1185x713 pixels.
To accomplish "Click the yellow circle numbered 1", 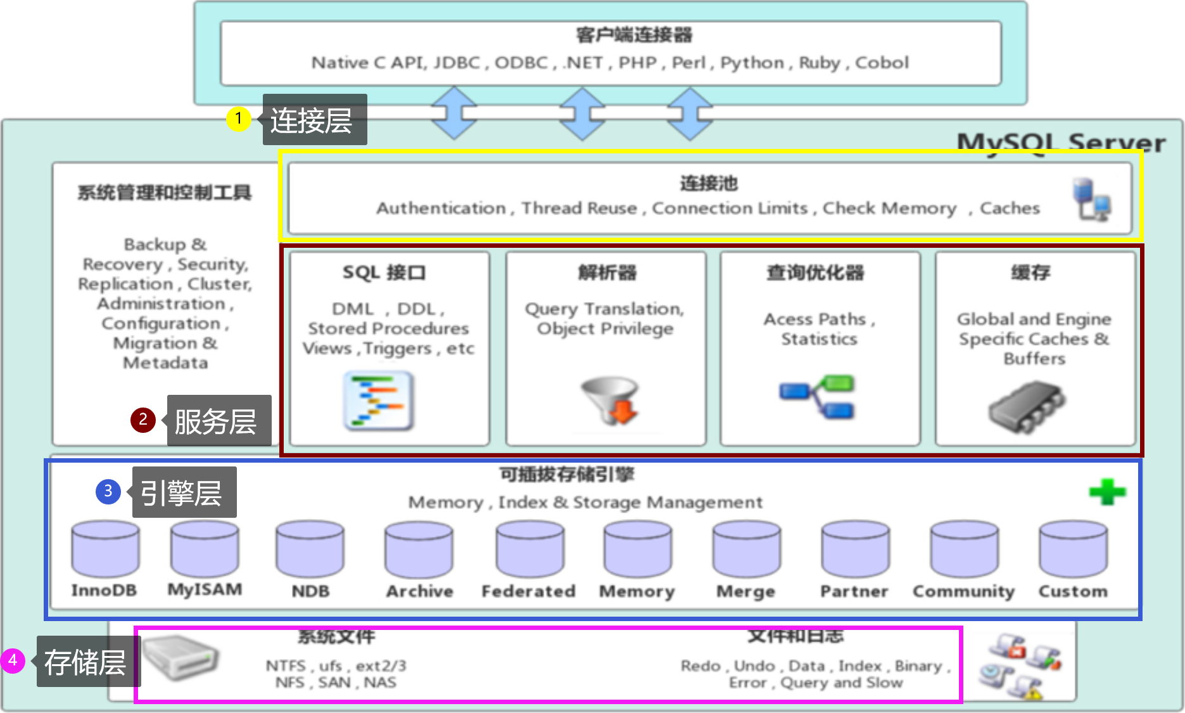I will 238,119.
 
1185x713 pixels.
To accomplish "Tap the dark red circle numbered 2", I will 143,420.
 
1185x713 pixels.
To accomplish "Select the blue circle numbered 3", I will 108,491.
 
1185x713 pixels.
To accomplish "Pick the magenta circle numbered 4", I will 12,660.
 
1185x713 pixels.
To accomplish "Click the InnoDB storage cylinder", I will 105,549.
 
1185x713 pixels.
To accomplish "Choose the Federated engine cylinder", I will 529,549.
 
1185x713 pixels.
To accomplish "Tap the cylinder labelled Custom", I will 1073,549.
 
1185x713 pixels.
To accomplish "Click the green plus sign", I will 1107,492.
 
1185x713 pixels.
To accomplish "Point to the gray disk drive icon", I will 180,658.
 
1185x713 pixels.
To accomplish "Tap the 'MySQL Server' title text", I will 1061,143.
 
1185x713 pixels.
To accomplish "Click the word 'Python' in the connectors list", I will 752,63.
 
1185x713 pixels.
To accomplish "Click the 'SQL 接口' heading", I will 384,273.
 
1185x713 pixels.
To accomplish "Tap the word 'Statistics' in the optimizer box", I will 819,339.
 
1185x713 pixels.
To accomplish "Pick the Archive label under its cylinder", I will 419,591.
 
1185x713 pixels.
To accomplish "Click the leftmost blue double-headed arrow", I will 454,113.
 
